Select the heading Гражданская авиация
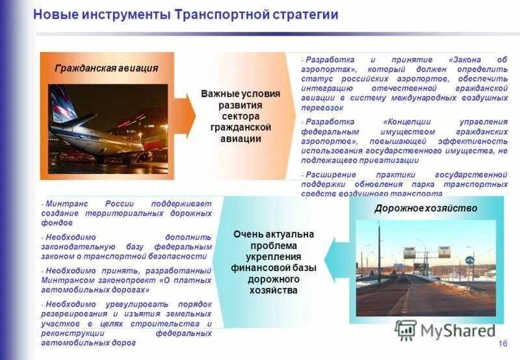pyautogui.click(x=107, y=68)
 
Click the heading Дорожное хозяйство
pyautogui.click(x=426, y=209)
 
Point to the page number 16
pyautogui.click(x=502, y=344)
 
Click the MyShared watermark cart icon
pyautogui.click(x=406, y=330)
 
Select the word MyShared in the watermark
pyautogui.click(x=458, y=331)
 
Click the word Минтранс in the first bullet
pyautogui.click(x=64, y=203)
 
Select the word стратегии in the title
pyautogui.click(x=308, y=14)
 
